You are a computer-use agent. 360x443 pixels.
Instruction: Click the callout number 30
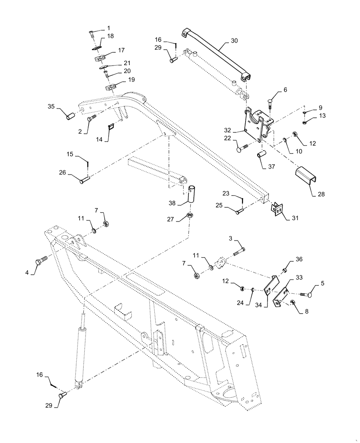[x=235, y=40]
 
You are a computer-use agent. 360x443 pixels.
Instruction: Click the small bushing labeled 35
[x=70, y=117]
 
